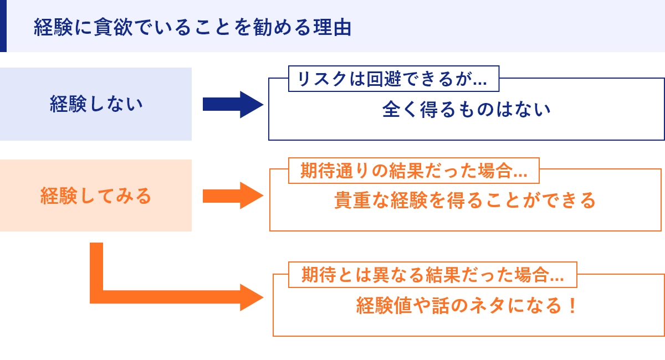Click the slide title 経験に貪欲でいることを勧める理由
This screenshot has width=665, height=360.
(x=193, y=27)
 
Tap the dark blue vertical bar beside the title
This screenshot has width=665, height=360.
(x=3, y=26)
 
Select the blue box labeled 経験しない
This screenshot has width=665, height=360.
(x=95, y=104)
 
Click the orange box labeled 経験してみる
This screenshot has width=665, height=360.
(x=95, y=196)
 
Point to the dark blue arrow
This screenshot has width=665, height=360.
(x=233, y=105)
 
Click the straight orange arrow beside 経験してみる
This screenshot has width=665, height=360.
(x=233, y=196)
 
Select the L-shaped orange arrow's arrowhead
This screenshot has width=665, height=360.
(x=252, y=297)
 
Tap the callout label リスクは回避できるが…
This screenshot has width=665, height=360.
(x=393, y=79)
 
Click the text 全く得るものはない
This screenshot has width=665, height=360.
(x=467, y=109)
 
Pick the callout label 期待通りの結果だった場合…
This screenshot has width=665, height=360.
(x=414, y=171)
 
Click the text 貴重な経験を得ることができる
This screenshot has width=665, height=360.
(x=465, y=200)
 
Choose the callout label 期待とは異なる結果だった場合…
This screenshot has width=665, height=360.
(x=433, y=275)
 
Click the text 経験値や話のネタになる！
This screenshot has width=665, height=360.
(x=467, y=305)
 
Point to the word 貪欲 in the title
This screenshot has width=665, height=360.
(x=114, y=27)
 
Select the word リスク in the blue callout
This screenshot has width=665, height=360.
(x=322, y=79)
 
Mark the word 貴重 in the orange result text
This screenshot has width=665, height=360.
(x=352, y=200)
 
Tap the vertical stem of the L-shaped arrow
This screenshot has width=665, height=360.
(x=96, y=266)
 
